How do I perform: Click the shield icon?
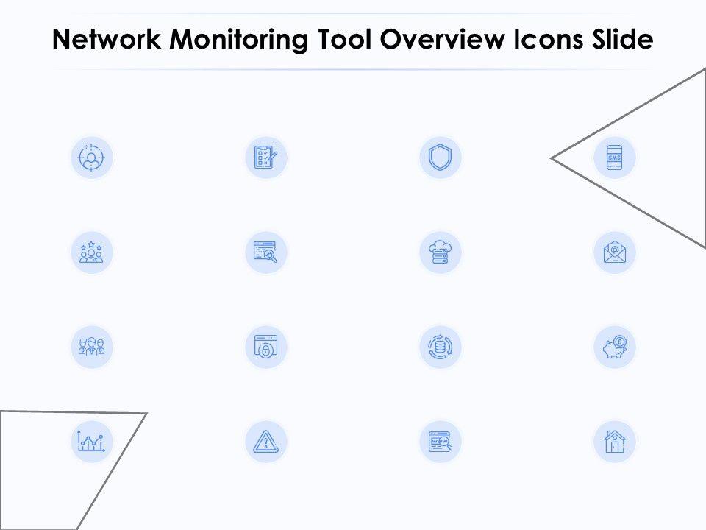[441, 158]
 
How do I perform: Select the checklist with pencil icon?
[265, 158]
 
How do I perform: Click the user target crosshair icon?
[91, 158]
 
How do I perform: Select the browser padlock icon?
[265, 347]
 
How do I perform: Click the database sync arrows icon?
[441, 347]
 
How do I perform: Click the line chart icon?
[91, 442]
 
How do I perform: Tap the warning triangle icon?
[265, 442]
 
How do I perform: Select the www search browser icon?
[441, 442]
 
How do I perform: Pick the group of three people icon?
[91, 347]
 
